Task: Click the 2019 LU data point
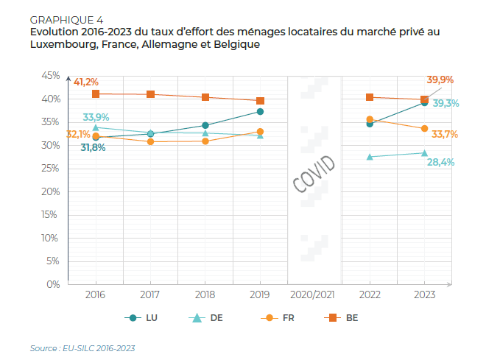(x=260, y=112)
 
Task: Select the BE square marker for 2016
(x=96, y=94)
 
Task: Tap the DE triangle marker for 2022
(x=370, y=156)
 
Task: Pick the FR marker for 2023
(x=424, y=129)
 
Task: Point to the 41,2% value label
(x=86, y=82)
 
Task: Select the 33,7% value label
(x=445, y=134)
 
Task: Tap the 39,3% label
(x=445, y=104)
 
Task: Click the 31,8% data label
(x=93, y=147)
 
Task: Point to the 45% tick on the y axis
(x=49, y=76)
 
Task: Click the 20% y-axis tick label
(x=49, y=191)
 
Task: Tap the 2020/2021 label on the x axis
(x=314, y=294)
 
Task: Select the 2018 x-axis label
(x=205, y=294)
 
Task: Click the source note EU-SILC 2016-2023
(x=82, y=347)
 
